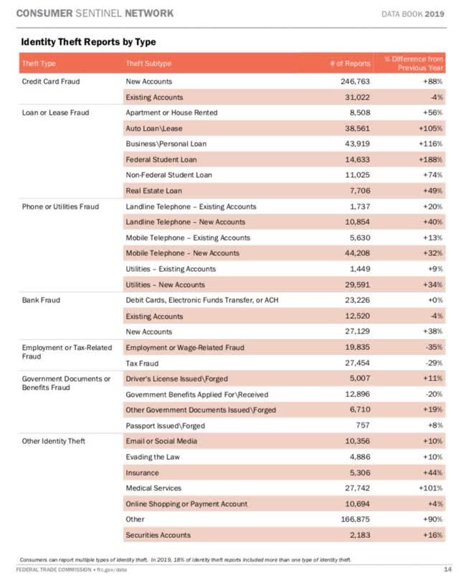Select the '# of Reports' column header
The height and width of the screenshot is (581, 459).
(351, 64)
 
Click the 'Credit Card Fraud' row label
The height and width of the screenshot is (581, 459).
(49, 82)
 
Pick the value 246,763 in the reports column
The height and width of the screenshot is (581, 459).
(353, 82)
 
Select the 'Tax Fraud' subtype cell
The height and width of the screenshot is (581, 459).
(142, 363)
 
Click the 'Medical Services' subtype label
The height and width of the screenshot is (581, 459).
(153, 488)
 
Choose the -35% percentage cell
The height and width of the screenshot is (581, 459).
(430, 347)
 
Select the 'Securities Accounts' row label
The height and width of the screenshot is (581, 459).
(158, 535)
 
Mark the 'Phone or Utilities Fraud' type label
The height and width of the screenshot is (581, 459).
(60, 207)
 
